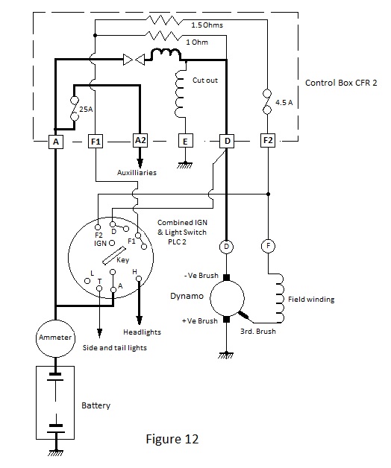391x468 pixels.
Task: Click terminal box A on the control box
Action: click(x=56, y=142)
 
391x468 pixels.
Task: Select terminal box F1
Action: click(x=96, y=141)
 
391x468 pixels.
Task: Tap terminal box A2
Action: click(x=140, y=140)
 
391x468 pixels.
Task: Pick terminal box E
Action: click(x=185, y=141)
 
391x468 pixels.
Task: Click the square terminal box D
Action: click(x=227, y=141)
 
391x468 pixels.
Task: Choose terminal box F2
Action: click(x=268, y=140)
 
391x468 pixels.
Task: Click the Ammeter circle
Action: click(x=55, y=338)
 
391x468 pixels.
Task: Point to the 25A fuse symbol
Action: click(x=75, y=109)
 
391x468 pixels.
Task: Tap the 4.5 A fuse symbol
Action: click(x=267, y=102)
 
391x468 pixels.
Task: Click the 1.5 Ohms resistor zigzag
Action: click(x=163, y=20)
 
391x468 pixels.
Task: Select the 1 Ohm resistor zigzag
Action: click(x=163, y=36)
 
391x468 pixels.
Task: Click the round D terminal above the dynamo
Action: click(x=227, y=247)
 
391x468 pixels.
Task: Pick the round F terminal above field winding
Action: click(x=268, y=246)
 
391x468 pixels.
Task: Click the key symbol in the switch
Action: click(x=113, y=256)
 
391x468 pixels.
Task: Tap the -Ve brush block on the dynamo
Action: click(x=227, y=278)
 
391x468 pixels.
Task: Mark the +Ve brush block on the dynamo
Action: click(x=227, y=320)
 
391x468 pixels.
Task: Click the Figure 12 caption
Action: click(x=172, y=439)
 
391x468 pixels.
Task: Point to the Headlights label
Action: click(x=142, y=332)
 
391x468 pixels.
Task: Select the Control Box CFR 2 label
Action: click(x=341, y=83)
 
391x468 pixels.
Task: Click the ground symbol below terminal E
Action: click(x=185, y=165)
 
